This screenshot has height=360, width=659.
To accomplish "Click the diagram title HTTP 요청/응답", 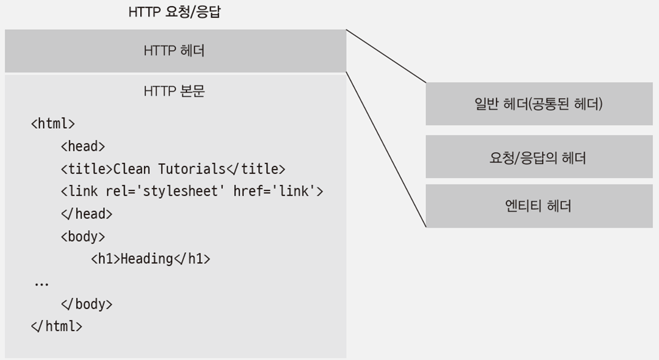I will (174, 12).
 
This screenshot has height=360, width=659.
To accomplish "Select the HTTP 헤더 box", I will (175, 51).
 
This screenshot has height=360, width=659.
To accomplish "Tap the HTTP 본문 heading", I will (175, 92).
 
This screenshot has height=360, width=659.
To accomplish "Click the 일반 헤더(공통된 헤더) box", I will (539, 104).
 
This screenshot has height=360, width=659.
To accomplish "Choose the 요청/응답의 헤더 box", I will (539, 157).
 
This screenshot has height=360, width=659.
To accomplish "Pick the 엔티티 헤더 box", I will (539, 206).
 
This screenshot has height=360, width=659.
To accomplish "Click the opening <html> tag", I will (53, 124).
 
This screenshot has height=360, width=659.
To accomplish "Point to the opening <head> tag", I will (83, 146).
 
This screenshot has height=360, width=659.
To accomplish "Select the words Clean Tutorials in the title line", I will (170, 169).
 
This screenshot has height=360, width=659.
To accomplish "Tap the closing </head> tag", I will (86, 214).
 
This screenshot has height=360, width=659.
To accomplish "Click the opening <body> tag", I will (83, 236).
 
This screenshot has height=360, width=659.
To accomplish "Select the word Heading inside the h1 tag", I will (147, 259).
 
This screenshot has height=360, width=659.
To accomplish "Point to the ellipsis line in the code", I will (41, 283).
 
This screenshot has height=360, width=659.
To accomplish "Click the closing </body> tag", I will (86, 304).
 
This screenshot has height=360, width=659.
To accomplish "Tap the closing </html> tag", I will (56, 326).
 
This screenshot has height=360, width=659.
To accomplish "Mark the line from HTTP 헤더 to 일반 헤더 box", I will (386, 56).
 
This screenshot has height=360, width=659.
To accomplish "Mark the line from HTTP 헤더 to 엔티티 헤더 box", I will (386, 150).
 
